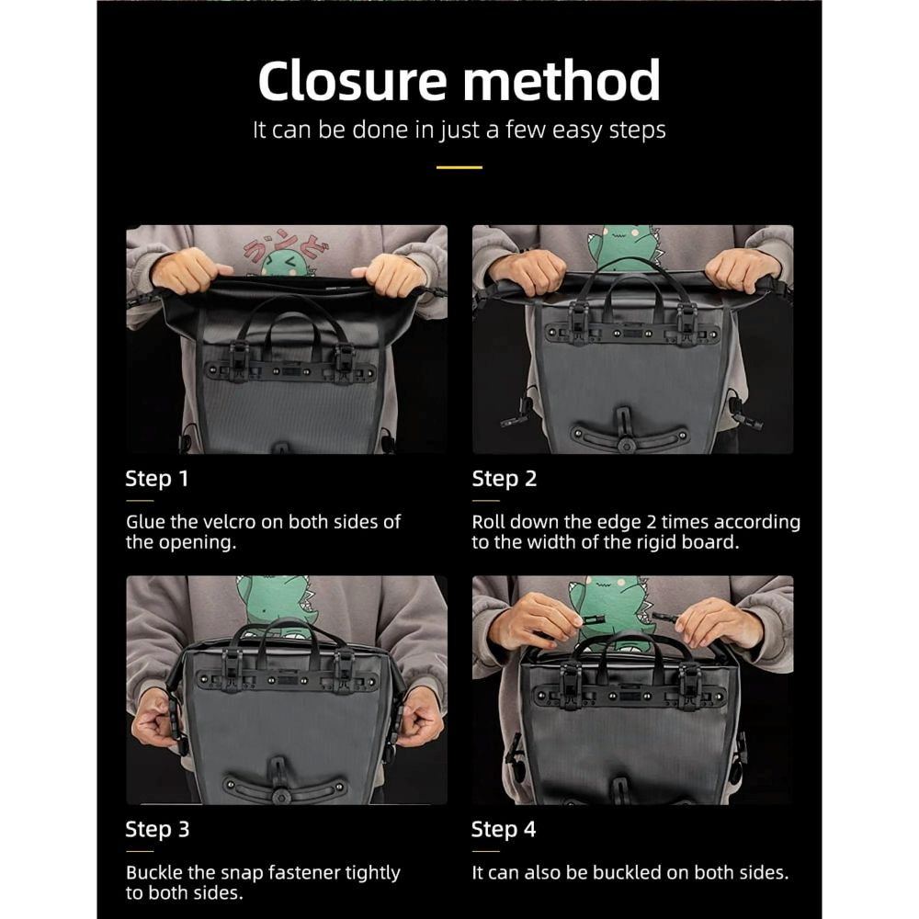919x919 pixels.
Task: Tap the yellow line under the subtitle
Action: [459, 167]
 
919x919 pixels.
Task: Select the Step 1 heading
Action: [156, 479]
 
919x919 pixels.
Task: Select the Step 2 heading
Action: [504, 479]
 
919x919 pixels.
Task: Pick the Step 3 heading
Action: [157, 829]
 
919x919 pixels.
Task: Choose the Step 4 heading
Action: [504, 829]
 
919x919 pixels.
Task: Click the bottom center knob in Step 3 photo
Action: [280, 798]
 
